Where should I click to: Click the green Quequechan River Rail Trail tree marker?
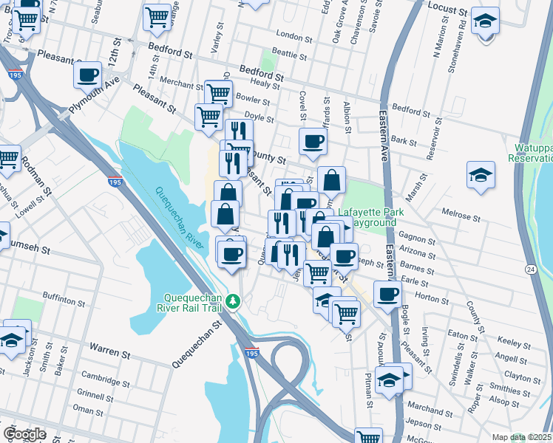(x=233, y=301)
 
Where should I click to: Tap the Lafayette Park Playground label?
(x=371, y=217)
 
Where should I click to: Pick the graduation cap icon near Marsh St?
(x=481, y=175)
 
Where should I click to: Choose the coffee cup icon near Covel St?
(x=312, y=141)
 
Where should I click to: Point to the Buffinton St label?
(x=64, y=301)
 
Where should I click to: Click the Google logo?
(x=24, y=434)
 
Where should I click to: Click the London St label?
(x=289, y=35)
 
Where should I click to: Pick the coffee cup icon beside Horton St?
(x=387, y=293)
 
